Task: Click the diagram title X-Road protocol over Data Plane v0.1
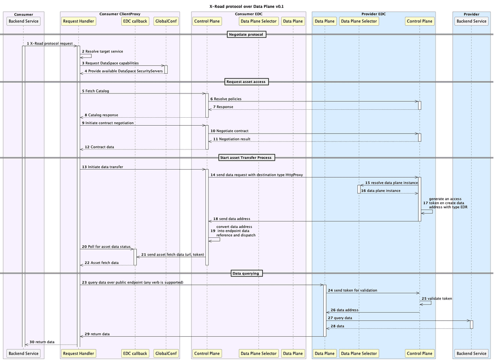coord(247,6)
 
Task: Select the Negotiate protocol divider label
coord(247,34)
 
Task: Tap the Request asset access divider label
coord(247,82)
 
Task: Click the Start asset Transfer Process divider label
coord(247,157)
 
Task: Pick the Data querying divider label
coord(247,273)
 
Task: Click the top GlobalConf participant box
coord(166,21)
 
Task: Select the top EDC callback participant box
coord(135,21)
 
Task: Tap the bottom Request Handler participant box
coord(78,353)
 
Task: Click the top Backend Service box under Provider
coord(471,21)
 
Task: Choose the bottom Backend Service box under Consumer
coord(24,353)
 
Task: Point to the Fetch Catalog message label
coord(97,91)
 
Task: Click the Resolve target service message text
coord(104,51)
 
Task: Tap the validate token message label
coord(438,299)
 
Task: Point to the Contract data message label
coord(101,147)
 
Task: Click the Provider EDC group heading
coord(374,14)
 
